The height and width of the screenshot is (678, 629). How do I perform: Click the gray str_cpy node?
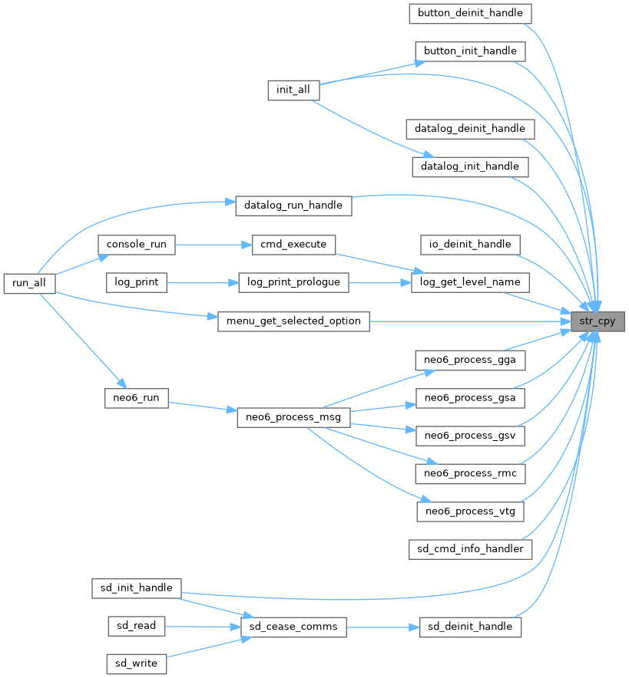597,321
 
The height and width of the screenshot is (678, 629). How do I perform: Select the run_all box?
29,283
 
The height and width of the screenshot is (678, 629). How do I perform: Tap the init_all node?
293,90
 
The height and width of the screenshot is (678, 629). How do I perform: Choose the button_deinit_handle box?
470,13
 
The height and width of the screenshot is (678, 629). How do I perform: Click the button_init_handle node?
470,51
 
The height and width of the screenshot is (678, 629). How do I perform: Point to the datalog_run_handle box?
293,206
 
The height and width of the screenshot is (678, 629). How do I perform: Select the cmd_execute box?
293,244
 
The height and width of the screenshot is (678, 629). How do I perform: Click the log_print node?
136,282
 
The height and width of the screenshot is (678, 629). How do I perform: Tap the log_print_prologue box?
293,282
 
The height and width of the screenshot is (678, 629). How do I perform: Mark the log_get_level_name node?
470,282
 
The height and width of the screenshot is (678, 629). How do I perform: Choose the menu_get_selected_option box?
293,321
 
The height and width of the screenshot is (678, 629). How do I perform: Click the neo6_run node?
136,398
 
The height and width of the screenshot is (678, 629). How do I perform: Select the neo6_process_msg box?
293,417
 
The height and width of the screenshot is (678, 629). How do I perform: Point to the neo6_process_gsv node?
470,436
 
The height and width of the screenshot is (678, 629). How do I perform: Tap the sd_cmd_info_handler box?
470,548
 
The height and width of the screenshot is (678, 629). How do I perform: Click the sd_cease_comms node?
293,627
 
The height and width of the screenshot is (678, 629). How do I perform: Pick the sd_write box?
136,664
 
